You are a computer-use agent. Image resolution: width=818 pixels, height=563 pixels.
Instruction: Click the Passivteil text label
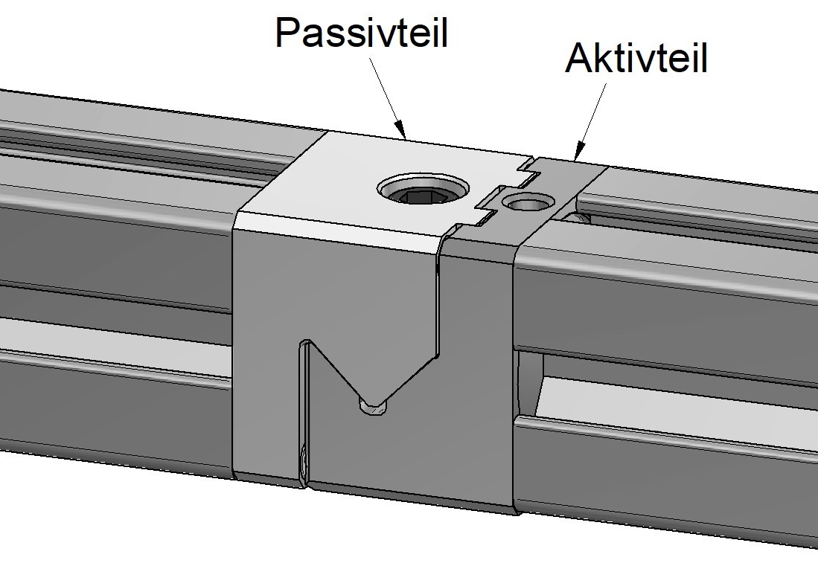(361, 32)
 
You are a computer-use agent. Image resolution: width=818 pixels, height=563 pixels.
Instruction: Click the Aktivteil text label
(636, 58)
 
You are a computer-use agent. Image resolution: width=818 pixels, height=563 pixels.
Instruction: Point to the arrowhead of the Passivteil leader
(400, 130)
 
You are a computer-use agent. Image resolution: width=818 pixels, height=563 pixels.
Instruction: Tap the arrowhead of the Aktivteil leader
(578, 151)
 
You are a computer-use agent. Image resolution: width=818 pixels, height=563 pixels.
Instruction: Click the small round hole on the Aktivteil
(527, 201)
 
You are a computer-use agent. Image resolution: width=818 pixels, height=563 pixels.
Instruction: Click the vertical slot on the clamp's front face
(304, 412)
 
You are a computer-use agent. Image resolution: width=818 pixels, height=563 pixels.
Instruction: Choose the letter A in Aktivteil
(580, 58)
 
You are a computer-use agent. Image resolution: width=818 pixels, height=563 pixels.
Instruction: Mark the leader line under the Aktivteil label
(592, 120)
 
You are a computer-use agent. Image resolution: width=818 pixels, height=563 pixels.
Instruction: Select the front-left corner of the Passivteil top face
(236, 212)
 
